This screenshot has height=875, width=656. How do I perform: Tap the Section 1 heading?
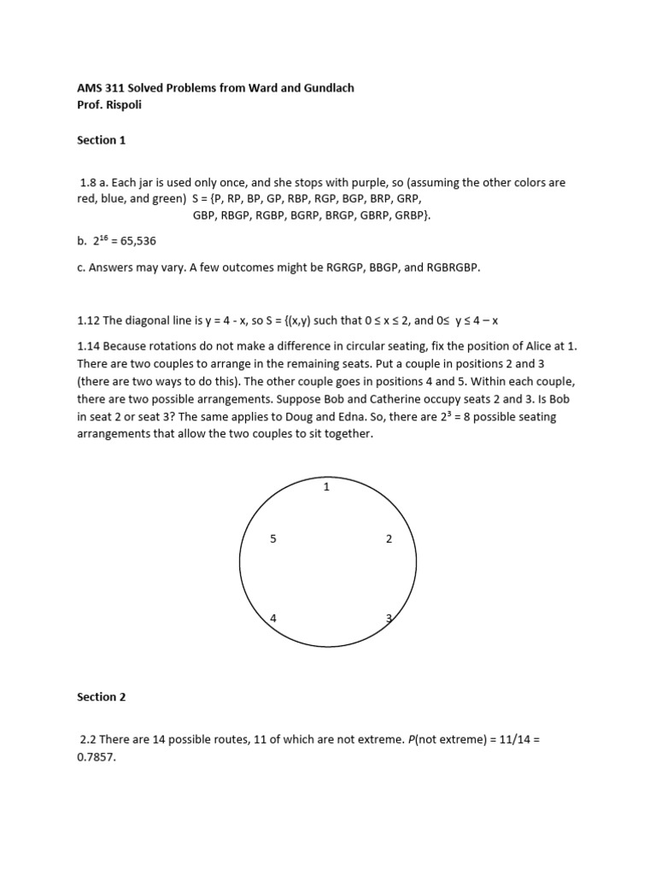pos(102,139)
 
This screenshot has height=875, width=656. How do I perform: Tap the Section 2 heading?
pos(102,696)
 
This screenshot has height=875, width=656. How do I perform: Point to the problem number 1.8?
pos(90,183)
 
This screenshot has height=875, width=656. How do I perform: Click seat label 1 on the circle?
pos(326,487)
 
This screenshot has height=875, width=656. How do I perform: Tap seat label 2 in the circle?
pos(389,539)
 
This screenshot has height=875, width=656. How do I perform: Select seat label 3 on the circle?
pos(389,618)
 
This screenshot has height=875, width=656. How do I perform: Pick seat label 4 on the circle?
pos(272,618)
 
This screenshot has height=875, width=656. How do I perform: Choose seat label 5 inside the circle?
pos(272,539)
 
